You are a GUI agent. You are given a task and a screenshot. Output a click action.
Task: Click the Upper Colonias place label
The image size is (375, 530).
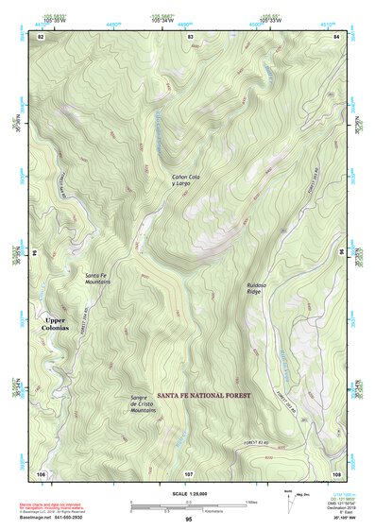pyautogui.click(x=56, y=323)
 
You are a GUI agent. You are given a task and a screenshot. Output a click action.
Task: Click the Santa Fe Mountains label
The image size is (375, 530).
pyautogui.click(x=98, y=278)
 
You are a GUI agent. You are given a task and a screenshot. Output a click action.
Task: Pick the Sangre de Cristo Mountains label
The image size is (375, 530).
pyautogui.click(x=143, y=404)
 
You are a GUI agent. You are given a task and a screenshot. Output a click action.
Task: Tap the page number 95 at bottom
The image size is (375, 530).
pyautogui.click(x=189, y=520)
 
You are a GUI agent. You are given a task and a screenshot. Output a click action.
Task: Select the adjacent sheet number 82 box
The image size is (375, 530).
pyautogui.click(x=41, y=35)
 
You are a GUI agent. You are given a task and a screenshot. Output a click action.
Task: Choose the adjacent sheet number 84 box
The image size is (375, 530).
pyautogui.click(x=336, y=35)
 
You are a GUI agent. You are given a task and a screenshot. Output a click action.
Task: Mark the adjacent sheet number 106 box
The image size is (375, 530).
pyautogui.click(x=41, y=472)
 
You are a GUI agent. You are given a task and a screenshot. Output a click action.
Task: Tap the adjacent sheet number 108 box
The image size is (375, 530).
pyautogui.click(x=336, y=472)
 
